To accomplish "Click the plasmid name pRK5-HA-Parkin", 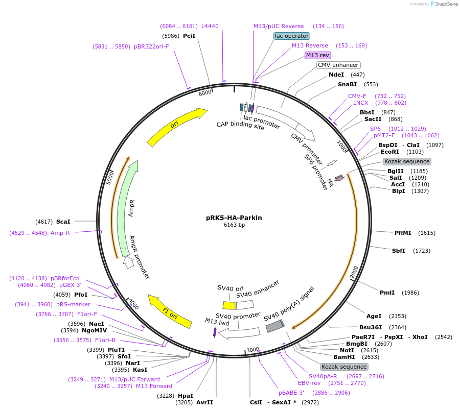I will tap(234, 217).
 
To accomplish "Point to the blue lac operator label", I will tap(291, 36).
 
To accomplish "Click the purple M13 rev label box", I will tap(317, 55).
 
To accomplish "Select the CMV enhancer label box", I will tap(338, 65).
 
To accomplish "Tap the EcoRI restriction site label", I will tap(390, 152).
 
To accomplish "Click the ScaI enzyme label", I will tap(63, 222).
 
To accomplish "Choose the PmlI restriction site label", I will tap(387, 293).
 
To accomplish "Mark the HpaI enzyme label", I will tap(186, 396).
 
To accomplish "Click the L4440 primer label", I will tap(210, 26).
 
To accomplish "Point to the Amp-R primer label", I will tap(60, 233).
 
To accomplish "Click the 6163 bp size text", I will tap(234, 225).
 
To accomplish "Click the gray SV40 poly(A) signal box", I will tap(274, 325).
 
